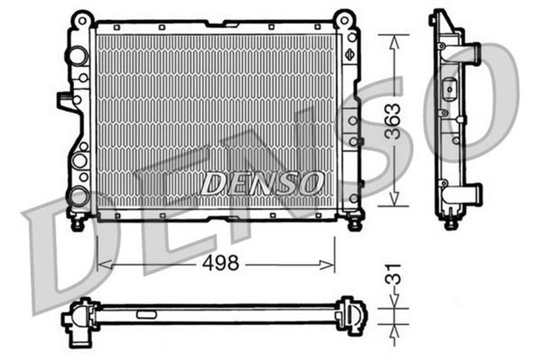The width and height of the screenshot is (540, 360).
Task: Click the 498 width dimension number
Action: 220,263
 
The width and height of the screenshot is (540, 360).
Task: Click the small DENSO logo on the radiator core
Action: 262,182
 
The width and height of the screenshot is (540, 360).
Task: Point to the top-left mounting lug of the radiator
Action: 81,19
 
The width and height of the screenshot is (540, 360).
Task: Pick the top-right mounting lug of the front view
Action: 343,19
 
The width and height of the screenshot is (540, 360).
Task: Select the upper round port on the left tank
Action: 78,56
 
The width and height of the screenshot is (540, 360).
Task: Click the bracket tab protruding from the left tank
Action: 66,102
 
